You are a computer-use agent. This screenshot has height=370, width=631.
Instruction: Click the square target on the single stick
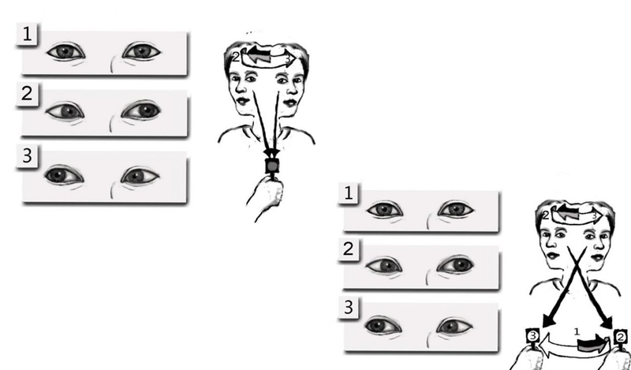272,166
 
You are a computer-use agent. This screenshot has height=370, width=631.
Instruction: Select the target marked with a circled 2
621,336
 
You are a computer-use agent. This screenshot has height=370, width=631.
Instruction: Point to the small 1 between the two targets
577,331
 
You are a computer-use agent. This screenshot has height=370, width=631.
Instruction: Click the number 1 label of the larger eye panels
27,34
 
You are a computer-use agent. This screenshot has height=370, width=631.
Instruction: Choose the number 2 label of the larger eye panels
27,94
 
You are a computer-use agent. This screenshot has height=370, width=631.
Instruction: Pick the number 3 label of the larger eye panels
27,155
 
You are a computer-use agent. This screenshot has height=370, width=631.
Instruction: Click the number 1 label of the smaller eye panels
349,193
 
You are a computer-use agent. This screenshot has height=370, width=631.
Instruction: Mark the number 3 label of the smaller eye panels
349,308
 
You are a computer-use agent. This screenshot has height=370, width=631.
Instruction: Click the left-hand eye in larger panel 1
65,52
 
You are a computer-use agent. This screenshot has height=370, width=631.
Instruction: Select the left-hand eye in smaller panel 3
383,326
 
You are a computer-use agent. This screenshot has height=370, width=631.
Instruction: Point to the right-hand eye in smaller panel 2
456,265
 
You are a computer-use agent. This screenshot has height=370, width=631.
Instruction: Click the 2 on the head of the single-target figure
236,57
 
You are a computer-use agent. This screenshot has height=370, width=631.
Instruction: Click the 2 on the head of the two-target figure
546,215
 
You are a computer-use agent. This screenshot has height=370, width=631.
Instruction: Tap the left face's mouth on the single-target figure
242,100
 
